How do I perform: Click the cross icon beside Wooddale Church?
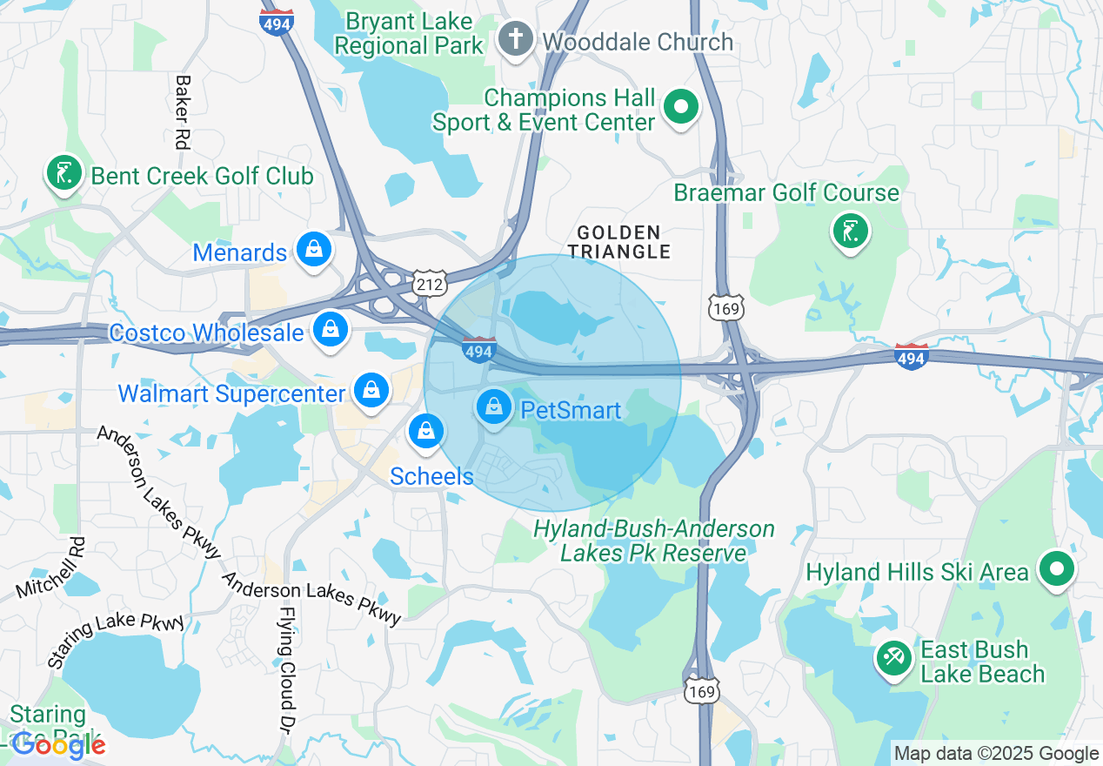pos(515,40)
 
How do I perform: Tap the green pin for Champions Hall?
pos(682,108)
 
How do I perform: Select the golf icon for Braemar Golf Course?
pos(850,232)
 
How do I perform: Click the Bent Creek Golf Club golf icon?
pos(64,173)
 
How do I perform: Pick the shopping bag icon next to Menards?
pos(313,251)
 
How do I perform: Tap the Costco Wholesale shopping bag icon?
pos(331,330)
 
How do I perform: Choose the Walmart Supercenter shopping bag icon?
pos(371,391)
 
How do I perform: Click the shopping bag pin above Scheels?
pos(425,431)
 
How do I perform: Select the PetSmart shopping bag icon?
pos(494,407)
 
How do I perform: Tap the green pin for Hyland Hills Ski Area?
pos(1057,571)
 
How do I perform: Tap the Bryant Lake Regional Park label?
pos(409,33)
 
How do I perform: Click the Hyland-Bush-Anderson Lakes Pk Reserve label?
pos(653,541)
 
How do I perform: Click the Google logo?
pos(58,744)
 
